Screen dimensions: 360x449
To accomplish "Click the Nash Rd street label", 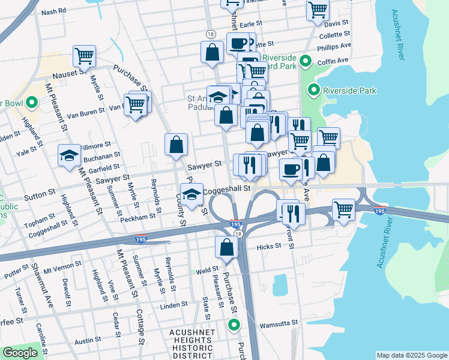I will [x=54, y=12].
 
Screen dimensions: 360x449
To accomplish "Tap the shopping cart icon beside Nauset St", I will [x=85, y=56].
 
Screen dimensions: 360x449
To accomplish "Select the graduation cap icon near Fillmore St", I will [x=69, y=156].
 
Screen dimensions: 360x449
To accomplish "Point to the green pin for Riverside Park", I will [x=313, y=91].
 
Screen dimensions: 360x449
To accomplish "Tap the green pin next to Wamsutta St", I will [x=234, y=325].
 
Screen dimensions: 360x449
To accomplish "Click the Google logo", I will [x=21, y=353].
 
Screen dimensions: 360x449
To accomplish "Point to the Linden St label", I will [x=175, y=306].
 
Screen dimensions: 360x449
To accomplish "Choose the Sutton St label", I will [x=40, y=196].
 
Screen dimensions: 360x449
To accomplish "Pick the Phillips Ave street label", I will [x=334, y=46].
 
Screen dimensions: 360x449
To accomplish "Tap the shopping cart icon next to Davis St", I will [x=318, y=10].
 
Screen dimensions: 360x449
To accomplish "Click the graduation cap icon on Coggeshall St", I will [x=192, y=194].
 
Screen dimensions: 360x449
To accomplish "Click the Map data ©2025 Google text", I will [x=411, y=355].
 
